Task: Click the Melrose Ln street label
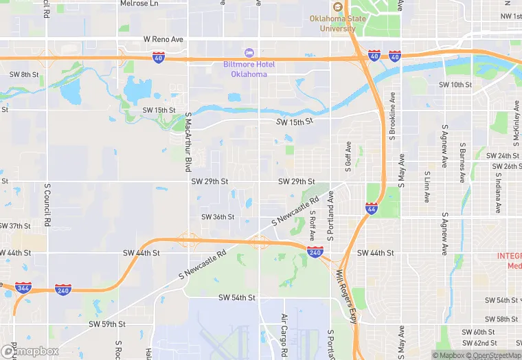tap(139, 3)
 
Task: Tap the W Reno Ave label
tap(163, 40)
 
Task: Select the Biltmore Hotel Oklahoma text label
tap(249, 69)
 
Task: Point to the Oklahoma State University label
tap(337, 23)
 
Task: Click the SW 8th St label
tap(24, 74)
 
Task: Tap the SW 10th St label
tap(455, 85)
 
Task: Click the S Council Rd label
tap(47, 205)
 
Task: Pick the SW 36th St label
tap(218, 217)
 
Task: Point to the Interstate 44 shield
tap(370, 209)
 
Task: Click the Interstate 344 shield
tap(23, 287)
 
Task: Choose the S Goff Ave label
tap(348, 158)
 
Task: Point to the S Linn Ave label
tap(427, 187)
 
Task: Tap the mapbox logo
tap(30, 351)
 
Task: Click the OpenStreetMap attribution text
tap(495, 355)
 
